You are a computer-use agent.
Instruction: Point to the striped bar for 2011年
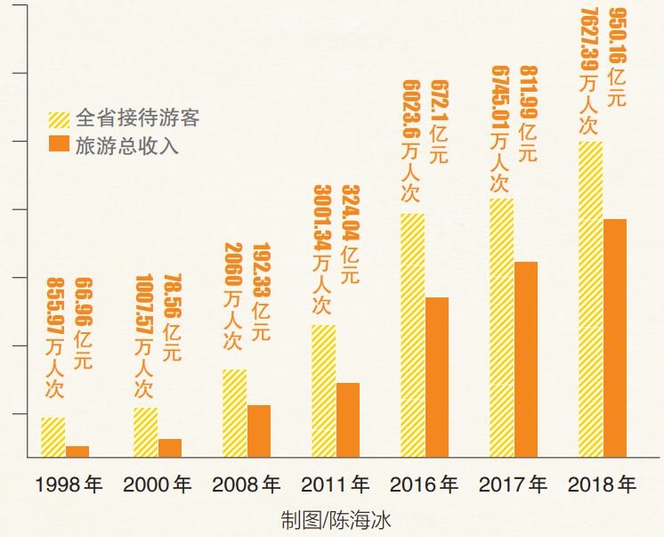324,390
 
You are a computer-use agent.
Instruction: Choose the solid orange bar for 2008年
259,430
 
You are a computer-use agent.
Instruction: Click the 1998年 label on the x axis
69,485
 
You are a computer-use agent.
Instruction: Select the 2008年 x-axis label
247,485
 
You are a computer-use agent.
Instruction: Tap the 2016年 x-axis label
425,485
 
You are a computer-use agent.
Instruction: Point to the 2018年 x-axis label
603,485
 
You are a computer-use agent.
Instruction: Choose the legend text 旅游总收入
127,145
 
